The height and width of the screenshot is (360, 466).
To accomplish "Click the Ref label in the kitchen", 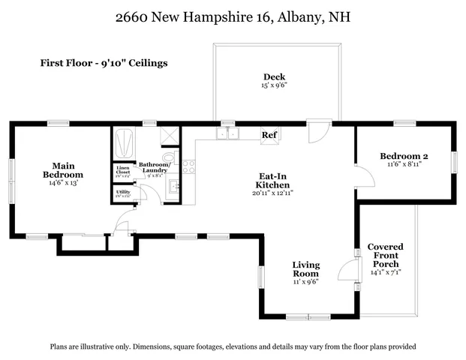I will (268, 135).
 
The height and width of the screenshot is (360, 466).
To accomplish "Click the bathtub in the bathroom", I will (122, 141).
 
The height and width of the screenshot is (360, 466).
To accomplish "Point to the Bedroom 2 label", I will (404, 155).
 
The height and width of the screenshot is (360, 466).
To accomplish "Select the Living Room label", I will (305, 269).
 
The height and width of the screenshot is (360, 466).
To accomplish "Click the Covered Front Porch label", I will (385, 256).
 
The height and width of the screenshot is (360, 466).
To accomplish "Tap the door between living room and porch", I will (347, 268).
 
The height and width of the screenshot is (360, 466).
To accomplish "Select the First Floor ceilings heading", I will (104, 63).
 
